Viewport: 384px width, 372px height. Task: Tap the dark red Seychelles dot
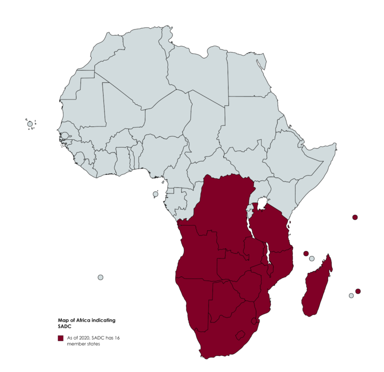[x=355, y=217]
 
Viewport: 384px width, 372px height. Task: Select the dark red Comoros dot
[x=306, y=253]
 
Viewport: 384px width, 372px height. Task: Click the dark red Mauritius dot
[x=358, y=291]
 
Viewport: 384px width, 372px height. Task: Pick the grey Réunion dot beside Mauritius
[x=351, y=295]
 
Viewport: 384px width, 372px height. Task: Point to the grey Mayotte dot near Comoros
[x=312, y=258]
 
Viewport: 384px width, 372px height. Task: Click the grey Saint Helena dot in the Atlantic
[x=100, y=277]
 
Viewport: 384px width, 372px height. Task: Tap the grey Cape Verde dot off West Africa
[x=30, y=124]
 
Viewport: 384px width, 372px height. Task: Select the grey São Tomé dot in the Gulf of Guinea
[x=155, y=194]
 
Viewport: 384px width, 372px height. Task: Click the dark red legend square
[x=60, y=338]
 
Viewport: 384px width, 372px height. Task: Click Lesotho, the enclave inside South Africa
[x=240, y=334]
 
